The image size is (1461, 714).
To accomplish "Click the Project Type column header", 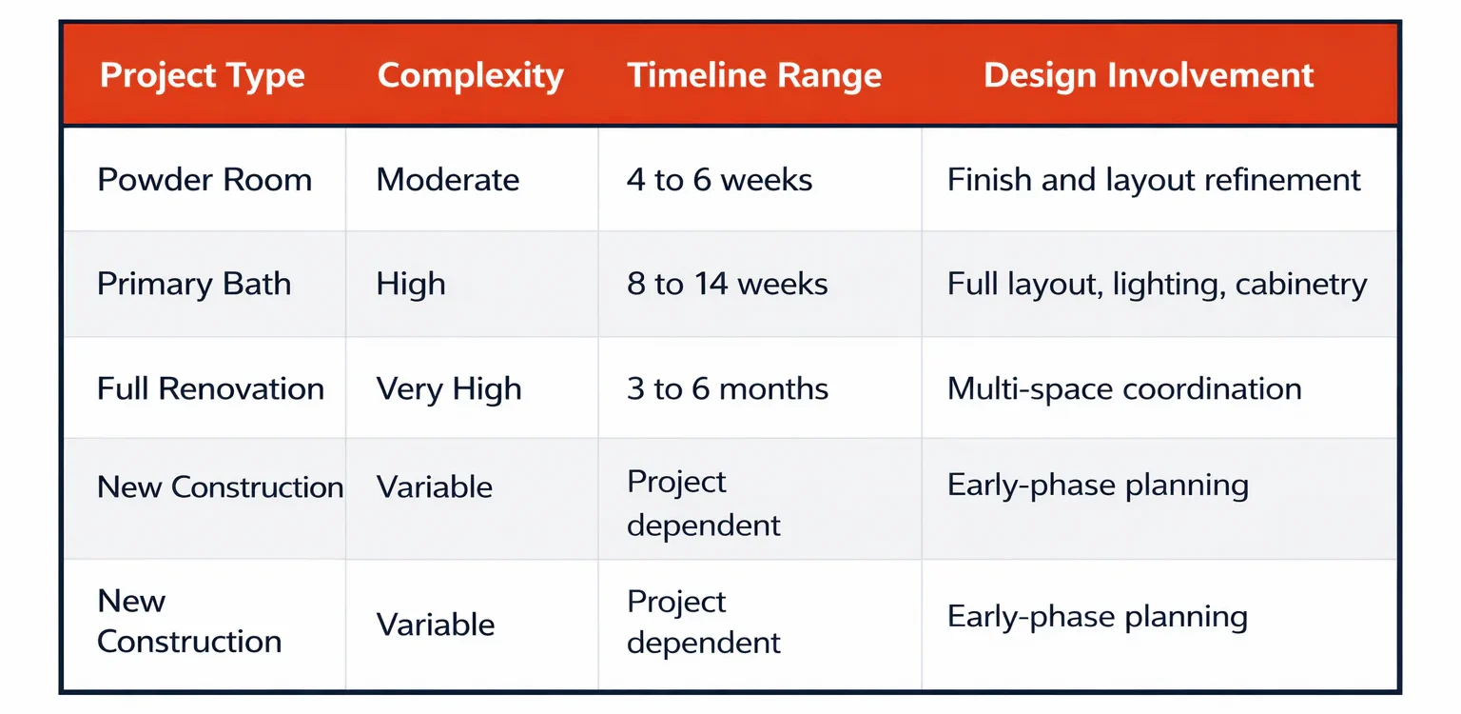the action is pyautogui.click(x=203, y=76).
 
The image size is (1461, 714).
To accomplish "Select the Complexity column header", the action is pyautogui.click(x=470, y=76).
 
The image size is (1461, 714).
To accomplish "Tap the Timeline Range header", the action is pyautogui.click(x=754, y=75).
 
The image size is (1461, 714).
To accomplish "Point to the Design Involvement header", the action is pyautogui.click(x=1148, y=75).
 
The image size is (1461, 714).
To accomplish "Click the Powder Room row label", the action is pyautogui.click(x=205, y=180).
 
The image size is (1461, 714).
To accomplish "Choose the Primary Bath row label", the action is pyautogui.click(x=194, y=285).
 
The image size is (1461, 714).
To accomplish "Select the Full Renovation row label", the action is pyautogui.click(x=210, y=388).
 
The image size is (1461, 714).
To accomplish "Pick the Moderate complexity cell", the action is pyautogui.click(x=447, y=180).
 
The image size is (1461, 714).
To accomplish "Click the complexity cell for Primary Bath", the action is pyautogui.click(x=410, y=285).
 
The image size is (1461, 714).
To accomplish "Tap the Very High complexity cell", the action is pyautogui.click(x=449, y=389).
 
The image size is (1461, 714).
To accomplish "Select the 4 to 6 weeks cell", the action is pyautogui.click(x=719, y=180).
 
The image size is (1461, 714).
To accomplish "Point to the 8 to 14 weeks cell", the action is pyautogui.click(x=728, y=284).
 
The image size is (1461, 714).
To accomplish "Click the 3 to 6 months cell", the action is pyautogui.click(x=728, y=388).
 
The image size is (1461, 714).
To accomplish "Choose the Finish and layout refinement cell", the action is pyautogui.click(x=1154, y=180).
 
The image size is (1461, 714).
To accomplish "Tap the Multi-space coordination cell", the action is pyautogui.click(x=1124, y=389).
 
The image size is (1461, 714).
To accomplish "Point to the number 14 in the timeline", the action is pyautogui.click(x=711, y=284).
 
